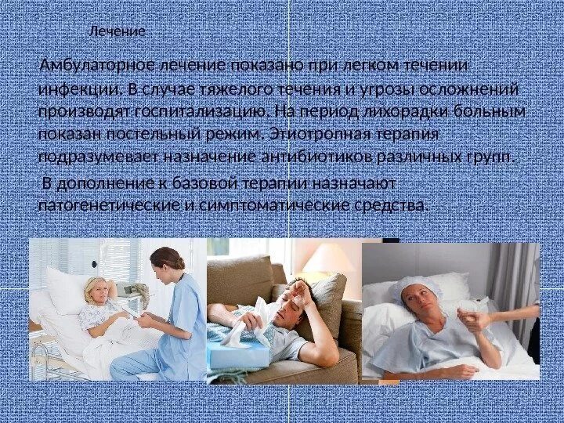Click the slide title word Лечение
117,32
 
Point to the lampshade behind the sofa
327,258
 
